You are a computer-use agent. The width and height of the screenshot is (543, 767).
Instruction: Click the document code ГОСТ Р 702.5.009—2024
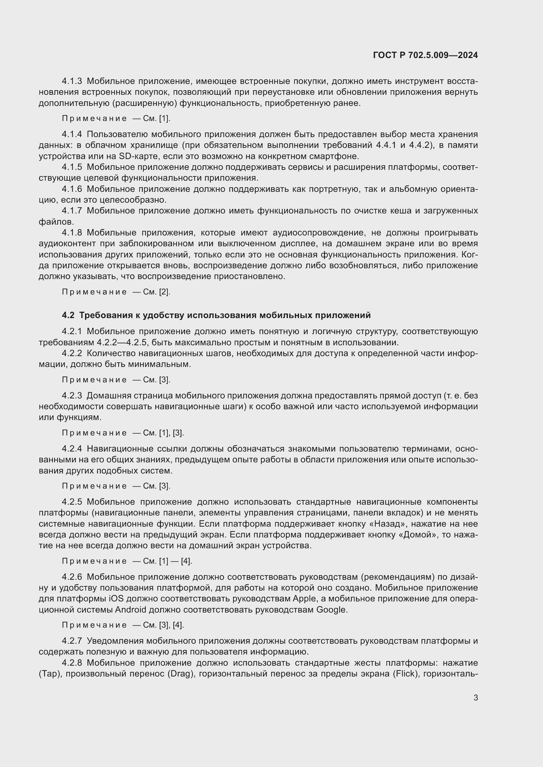pos(425,55)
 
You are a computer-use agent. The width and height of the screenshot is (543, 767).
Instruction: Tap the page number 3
pos(475,697)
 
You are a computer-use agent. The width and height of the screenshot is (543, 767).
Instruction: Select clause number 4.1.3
pos(72,82)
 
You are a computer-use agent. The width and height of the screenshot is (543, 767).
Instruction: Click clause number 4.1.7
pos(72,211)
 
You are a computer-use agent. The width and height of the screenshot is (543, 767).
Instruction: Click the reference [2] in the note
pos(164,292)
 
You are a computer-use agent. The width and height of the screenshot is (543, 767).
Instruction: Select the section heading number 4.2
pos(68,315)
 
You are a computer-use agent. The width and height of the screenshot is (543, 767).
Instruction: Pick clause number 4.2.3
pos(72,396)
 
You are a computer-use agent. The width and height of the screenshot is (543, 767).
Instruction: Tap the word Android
pos(131,610)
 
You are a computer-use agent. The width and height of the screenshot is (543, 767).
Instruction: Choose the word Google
pos(331,610)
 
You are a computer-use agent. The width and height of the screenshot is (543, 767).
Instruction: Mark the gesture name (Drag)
pos(181,674)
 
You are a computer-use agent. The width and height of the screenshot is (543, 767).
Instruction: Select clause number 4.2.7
pos(72,641)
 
